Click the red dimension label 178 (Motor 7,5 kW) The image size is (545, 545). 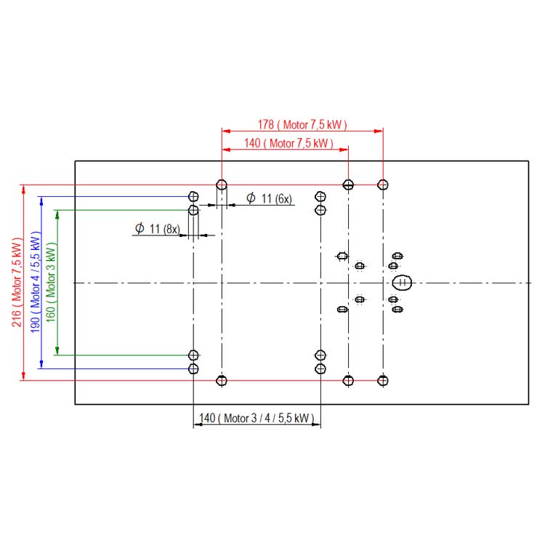[302, 124]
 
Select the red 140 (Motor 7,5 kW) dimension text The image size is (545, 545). [288, 143]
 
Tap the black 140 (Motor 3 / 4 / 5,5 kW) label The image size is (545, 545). [257, 418]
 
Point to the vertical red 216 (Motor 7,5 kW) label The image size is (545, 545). [17, 282]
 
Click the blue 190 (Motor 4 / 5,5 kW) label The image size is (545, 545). [36, 282]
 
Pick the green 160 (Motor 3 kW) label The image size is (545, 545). [51, 282]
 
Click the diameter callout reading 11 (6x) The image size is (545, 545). [269, 198]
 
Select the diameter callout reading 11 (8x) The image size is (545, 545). [158, 229]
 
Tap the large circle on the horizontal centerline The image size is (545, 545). [402, 283]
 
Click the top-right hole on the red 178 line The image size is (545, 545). [383, 185]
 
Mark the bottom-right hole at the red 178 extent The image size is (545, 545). [383, 381]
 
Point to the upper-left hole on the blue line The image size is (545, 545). [193, 197]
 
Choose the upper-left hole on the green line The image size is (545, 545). [193, 210]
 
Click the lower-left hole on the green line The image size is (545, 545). [193, 355]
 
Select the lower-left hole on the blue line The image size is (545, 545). [193, 368]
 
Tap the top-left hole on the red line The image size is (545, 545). [222, 185]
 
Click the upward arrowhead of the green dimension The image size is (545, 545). [57, 214]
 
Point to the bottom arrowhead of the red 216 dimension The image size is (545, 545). [24, 376]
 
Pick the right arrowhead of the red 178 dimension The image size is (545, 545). [379, 131]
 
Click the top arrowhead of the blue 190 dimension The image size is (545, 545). [41, 201]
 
